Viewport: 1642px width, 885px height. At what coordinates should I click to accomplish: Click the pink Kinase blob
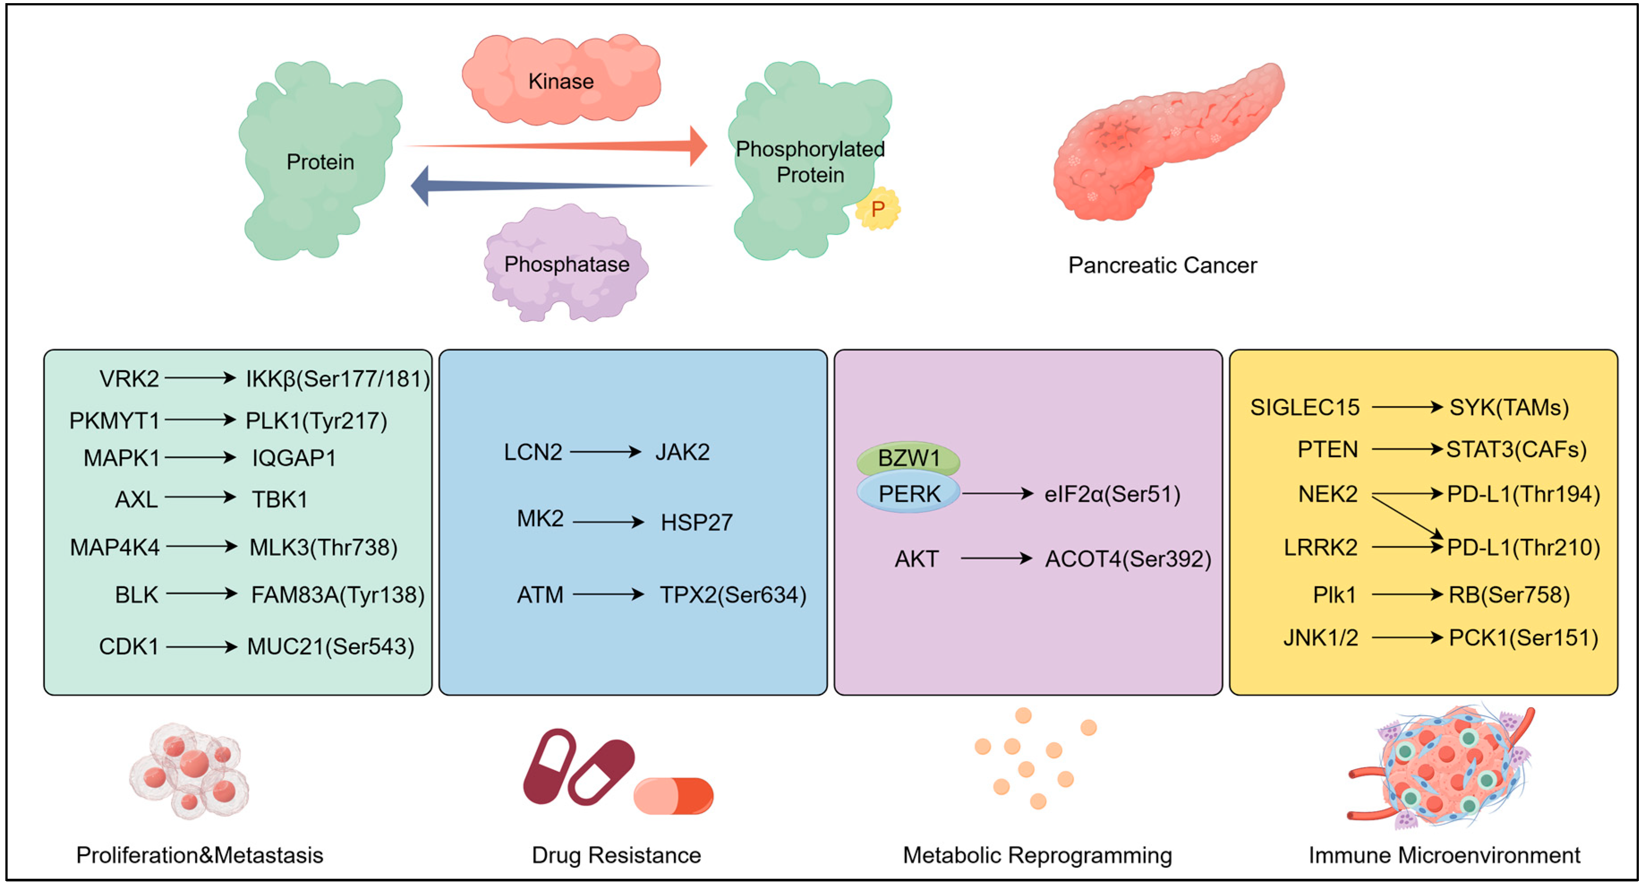[561, 80]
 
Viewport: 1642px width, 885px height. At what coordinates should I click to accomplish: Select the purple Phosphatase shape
[566, 263]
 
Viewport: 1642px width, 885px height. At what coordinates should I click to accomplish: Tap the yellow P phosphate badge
[878, 209]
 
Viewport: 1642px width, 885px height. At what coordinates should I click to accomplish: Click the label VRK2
[129, 379]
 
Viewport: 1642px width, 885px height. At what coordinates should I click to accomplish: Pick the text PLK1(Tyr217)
[316, 421]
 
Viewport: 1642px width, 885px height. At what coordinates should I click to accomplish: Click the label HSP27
[697, 523]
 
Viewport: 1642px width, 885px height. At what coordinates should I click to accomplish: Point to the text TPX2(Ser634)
[733, 595]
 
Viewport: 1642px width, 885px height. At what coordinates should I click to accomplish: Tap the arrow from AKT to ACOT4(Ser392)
[997, 559]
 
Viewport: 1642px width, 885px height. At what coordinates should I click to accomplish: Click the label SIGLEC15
[1305, 407]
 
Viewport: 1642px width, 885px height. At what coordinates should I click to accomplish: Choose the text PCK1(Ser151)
[1523, 637]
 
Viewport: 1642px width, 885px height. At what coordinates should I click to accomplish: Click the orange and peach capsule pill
[673, 796]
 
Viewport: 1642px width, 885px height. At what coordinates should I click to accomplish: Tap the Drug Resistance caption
[617, 855]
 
